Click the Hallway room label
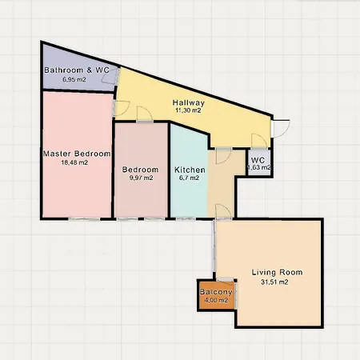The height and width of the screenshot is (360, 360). coord(189,102)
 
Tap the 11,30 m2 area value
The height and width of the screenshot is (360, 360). coord(188,110)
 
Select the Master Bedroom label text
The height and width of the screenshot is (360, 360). coord(77,154)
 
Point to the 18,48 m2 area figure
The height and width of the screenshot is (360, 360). coord(74,162)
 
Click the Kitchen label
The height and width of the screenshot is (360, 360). coord(190,170)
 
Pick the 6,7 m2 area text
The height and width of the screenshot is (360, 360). coord(189,178)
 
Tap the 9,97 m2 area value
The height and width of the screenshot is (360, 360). coord(141,178)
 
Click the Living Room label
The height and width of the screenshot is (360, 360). coord(278,272)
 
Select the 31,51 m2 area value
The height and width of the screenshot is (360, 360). coord(274,282)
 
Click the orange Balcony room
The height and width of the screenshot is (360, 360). coord(217,295)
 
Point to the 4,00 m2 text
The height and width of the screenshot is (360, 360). coord(216,300)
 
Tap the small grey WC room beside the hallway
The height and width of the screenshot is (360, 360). coord(258,162)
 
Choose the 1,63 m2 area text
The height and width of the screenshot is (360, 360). coord(259,167)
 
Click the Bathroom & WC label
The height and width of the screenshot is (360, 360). coord(77,70)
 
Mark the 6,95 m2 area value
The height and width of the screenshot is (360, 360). coord(74,79)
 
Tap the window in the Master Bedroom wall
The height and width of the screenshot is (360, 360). coord(84,219)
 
